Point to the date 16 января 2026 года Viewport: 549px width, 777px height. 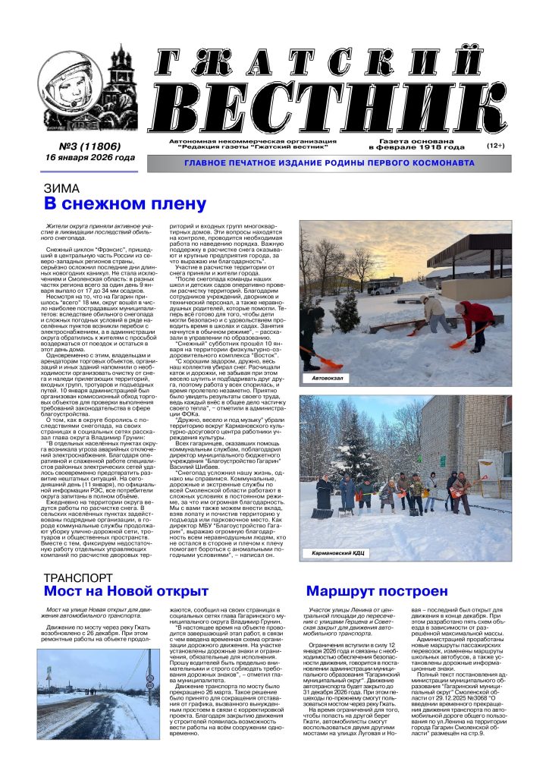point(89,158)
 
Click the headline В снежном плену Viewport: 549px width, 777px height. point(125,204)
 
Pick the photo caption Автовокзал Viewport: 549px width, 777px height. point(323,377)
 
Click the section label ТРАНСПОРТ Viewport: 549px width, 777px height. point(79,578)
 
